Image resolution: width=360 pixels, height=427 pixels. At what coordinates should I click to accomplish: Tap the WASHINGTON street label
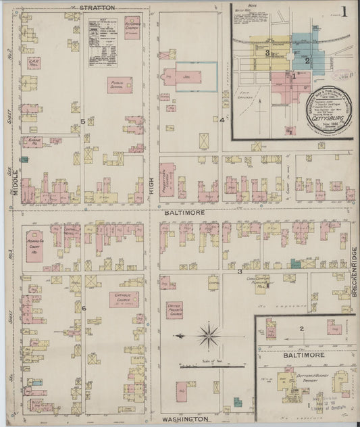pyautogui.click(x=184, y=420)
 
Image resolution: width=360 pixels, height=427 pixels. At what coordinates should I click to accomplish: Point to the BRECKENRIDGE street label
pyautogui.click(x=354, y=273)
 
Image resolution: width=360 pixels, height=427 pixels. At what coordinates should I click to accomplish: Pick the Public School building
pyautogui.click(x=120, y=84)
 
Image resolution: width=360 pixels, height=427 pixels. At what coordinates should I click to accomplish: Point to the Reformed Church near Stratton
pyautogui.click(x=132, y=27)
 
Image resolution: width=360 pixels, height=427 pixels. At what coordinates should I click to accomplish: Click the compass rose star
pyautogui.click(x=209, y=334)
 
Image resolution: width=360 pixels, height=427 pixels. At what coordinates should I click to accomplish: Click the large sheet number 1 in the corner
pyautogui.click(x=344, y=11)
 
